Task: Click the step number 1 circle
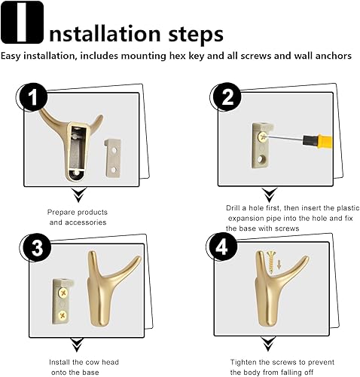pyautogui.click(x=32, y=97)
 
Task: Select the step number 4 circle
pyautogui.click(x=221, y=247)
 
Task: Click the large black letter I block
pyautogui.click(x=22, y=23)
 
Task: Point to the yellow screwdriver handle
pyautogui.click(x=317, y=142)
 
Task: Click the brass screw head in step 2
pyautogui.click(x=263, y=136)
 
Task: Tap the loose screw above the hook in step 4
pyautogui.click(x=271, y=262)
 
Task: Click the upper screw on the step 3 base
pyautogui.click(x=63, y=293)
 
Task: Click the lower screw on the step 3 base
pyautogui.click(x=63, y=314)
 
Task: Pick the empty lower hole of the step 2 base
pyautogui.click(x=263, y=159)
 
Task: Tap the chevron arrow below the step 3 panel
pyautogui.click(x=77, y=345)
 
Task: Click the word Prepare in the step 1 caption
pyautogui.click(x=61, y=213)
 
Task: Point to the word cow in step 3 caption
pyautogui.click(x=92, y=362)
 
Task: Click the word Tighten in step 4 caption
pyautogui.click(x=243, y=363)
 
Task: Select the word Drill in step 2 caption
pyautogui.click(x=233, y=208)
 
